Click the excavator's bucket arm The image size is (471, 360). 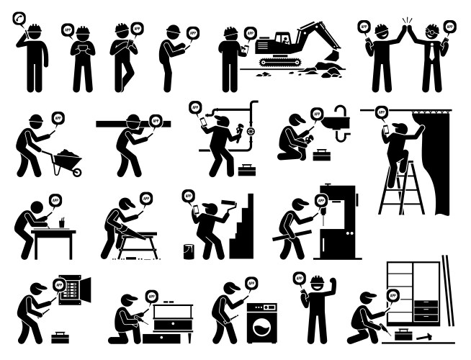(317, 32)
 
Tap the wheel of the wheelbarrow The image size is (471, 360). (76, 171)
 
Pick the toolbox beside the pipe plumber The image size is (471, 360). (247, 171)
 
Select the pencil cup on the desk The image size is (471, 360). (63, 224)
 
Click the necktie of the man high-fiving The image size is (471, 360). (432, 51)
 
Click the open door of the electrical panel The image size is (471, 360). (88, 289)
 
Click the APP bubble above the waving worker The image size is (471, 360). (298, 276)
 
